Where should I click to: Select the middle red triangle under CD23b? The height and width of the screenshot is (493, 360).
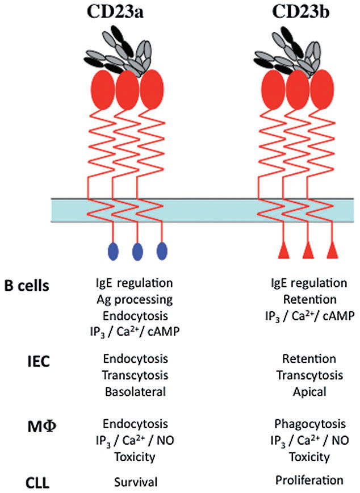(x=308, y=249)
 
